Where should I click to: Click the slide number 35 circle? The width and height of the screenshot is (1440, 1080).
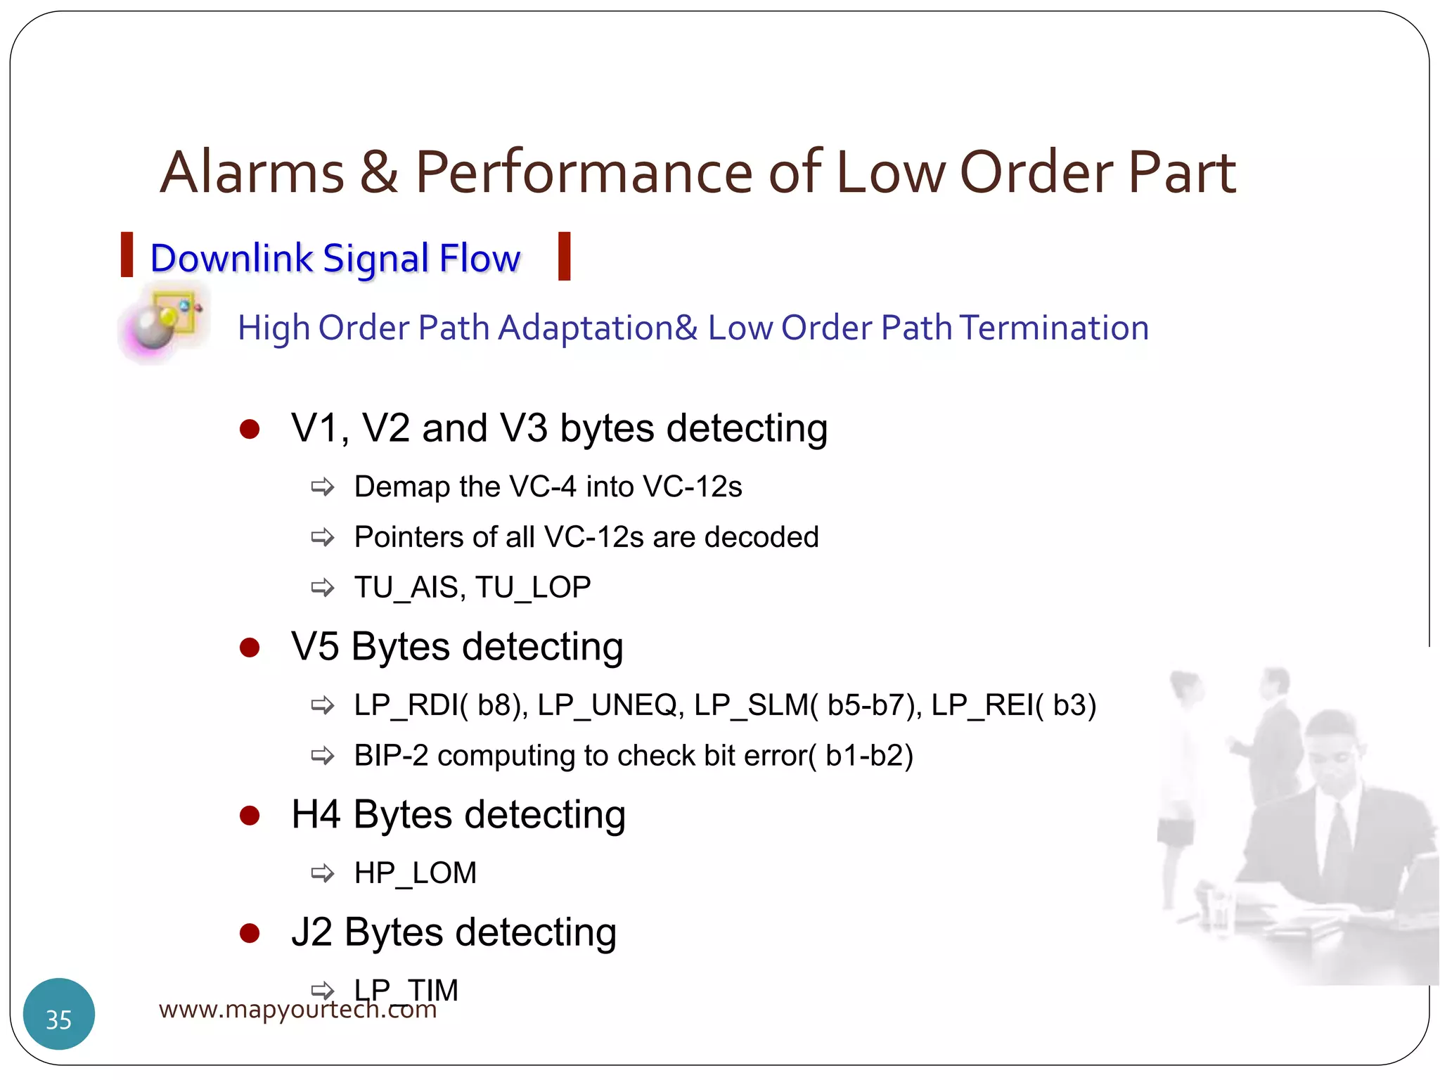(59, 1014)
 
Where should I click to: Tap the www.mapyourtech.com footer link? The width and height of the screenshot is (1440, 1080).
(297, 1010)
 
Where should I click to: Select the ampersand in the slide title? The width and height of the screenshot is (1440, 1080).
(379, 173)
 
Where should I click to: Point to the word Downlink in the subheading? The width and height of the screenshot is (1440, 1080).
(231, 258)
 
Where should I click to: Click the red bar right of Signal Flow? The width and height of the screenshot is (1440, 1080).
(564, 257)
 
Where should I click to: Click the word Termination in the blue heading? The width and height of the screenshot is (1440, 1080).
(1054, 328)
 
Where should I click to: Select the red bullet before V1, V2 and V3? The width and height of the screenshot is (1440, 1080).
(250, 429)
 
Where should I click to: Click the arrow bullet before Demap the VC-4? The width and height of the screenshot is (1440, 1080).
(323, 487)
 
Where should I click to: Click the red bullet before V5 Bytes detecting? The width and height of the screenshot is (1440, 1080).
(250, 647)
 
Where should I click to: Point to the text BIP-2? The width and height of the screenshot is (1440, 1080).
(391, 756)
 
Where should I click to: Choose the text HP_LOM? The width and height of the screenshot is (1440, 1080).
(415, 873)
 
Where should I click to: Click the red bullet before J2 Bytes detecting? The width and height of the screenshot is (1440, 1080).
(250, 933)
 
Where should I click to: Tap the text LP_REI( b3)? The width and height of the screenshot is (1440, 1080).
(1013, 705)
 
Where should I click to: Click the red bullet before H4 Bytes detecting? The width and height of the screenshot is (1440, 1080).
(250, 816)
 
